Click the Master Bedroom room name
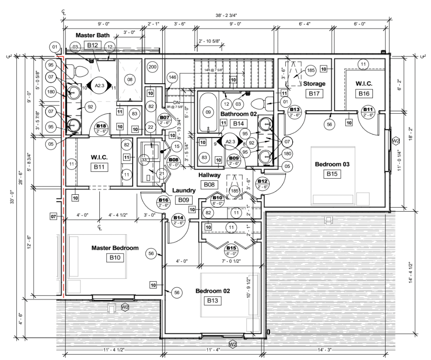pos(114,248)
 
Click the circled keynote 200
pos(152,67)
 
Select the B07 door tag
pos(164,120)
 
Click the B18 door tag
pos(101,128)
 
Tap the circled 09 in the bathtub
pos(209,112)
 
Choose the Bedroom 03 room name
pos(332,164)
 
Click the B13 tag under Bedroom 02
pos(214,300)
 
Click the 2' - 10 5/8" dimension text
pos(209,41)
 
